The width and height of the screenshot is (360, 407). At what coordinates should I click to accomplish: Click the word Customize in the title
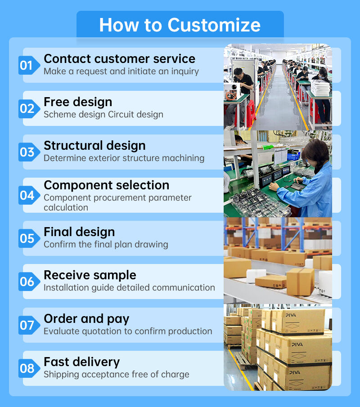(x=214, y=25)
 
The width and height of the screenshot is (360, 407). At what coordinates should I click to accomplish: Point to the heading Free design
(x=78, y=102)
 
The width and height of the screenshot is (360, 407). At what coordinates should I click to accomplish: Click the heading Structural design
(x=94, y=146)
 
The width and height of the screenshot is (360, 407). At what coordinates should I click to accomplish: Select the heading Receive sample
(x=90, y=275)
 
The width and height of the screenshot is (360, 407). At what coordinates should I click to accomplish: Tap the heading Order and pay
(x=86, y=319)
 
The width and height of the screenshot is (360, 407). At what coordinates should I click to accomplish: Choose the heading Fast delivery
(x=82, y=362)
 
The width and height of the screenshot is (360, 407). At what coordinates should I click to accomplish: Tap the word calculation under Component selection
(x=66, y=208)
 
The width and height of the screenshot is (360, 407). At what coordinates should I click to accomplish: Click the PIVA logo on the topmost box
(x=291, y=315)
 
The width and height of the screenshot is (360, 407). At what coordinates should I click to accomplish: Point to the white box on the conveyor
(x=256, y=275)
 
